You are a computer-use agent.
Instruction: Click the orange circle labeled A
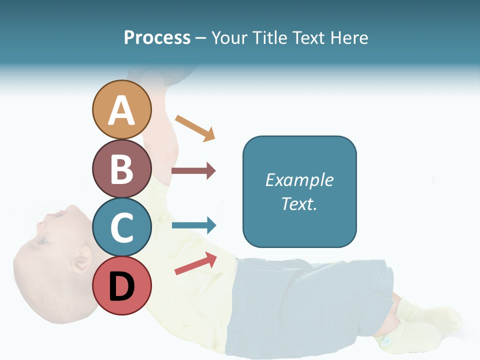[x=121, y=109]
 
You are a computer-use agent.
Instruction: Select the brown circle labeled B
[x=121, y=168]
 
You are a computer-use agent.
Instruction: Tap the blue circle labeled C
[x=121, y=227]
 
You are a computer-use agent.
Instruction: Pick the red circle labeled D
[x=121, y=285]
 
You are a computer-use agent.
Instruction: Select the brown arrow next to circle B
[x=193, y=171]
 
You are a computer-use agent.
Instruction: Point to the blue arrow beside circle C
[x=194, y=225]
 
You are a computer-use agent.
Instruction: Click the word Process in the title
[x=157, y=37]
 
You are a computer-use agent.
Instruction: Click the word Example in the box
[x=299, y=180]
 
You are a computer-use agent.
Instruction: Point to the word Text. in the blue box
[x=299, y=203]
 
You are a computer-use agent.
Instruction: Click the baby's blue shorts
[x=310, y=300]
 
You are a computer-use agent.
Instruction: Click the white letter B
[x=121, y=169]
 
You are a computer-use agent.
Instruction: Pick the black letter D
[x=121, y=286]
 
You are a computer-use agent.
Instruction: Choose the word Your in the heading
[x=229, y=37]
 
